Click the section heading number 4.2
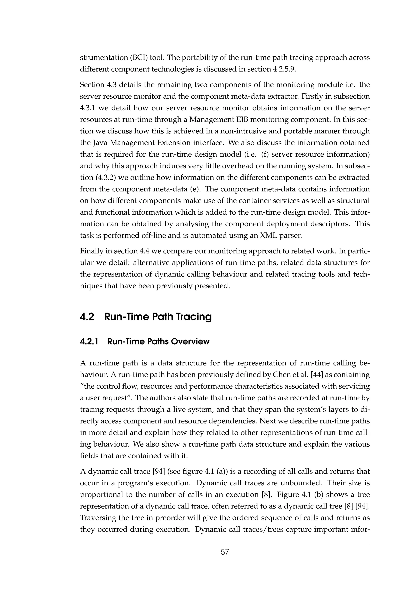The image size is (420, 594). pos(87,317)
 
